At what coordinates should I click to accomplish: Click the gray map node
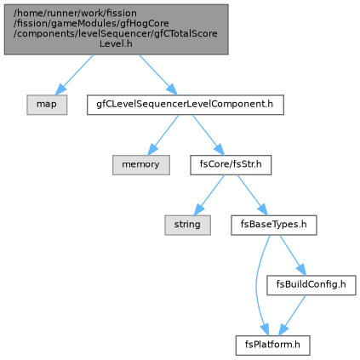(47, 105)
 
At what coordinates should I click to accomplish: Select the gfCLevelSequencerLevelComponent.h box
(186, 105)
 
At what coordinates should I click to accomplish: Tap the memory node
(141, 165)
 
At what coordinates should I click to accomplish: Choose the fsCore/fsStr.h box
(231, 165)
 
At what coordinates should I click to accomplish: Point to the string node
(187, 225)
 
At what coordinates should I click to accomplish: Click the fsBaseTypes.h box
(274, 225)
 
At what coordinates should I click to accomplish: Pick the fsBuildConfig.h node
(311, 285)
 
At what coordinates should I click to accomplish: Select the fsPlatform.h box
(272, 346)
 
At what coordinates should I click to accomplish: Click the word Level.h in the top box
(116, 43)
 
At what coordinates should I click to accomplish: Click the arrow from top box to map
(74, 75)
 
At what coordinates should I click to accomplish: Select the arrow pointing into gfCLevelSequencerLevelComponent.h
(158, 75)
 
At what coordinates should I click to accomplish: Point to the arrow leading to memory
(163, 135)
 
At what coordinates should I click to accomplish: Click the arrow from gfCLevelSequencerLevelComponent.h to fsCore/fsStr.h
(208, 135)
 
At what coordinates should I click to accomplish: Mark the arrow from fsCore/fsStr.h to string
(209, 195)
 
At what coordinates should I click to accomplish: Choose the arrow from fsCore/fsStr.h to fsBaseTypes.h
(252, 195)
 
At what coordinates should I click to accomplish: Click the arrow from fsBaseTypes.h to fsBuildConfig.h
(293, 255)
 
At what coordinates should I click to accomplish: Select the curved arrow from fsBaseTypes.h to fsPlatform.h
(256, 285)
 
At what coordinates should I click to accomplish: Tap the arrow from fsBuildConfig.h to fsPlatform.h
(292, 316)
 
